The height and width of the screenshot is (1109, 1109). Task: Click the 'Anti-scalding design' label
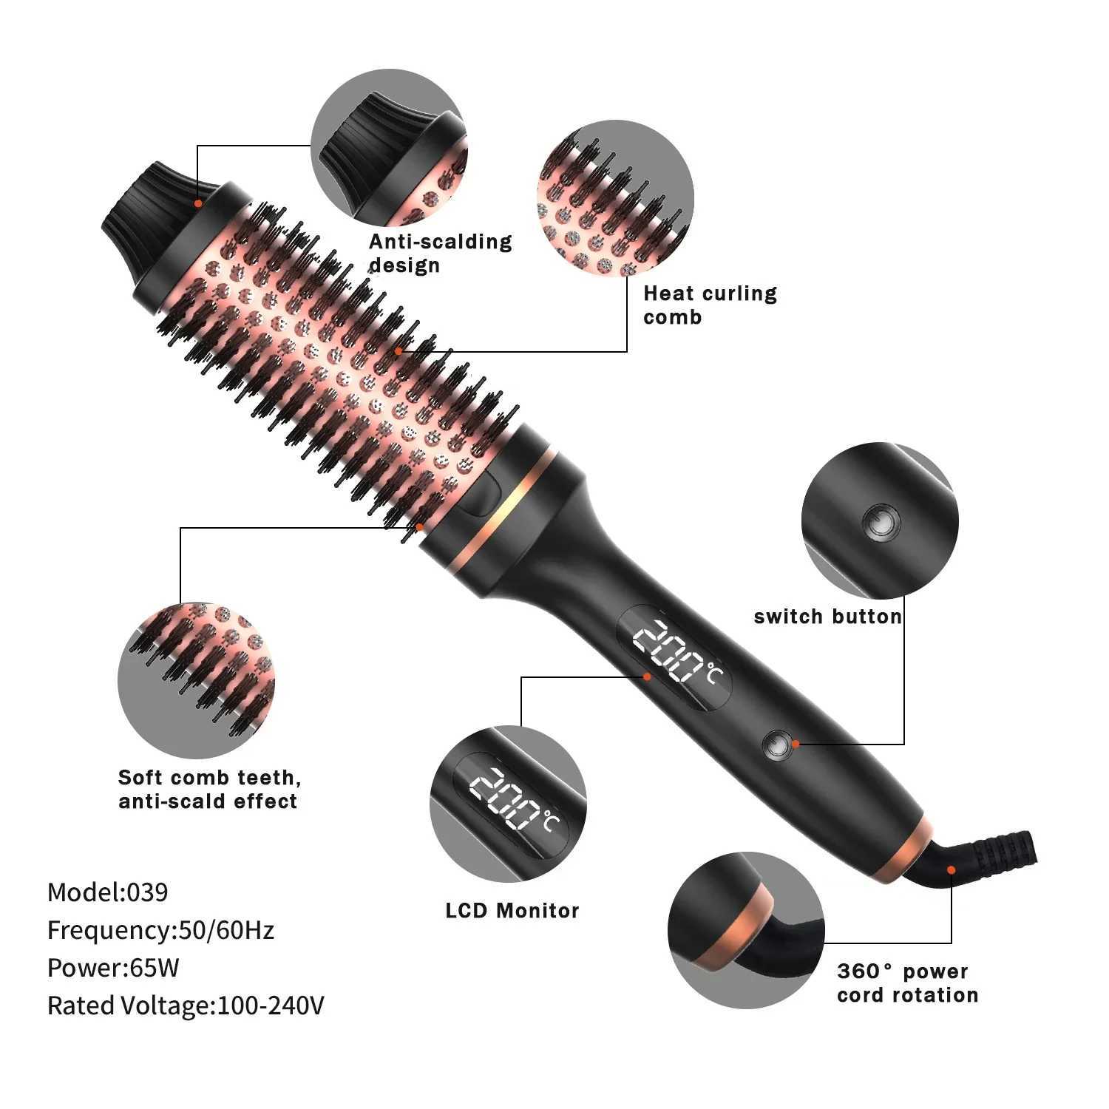pyautogui.click(x=440, y=253)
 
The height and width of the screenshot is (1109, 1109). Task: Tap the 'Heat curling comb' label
pyautogui.click(x=709, y=305)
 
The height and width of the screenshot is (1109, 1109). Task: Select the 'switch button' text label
pyautogui.click(x=827, y=616)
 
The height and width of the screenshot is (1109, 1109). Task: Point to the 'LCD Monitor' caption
pyautogui.click(x=512, y=910)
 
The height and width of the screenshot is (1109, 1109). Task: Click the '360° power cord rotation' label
pyautogui.click(x=907, y=983)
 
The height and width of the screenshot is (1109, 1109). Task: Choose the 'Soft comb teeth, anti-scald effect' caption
pyautogui.click(x=209, y=789)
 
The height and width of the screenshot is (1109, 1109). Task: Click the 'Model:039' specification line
pyautogui.click(x=108, y=892)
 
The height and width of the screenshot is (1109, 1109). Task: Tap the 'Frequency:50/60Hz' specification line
pyautogui.click(x=160, y=929)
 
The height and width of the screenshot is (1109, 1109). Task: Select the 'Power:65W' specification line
pyautogui.click(x=113, y=967)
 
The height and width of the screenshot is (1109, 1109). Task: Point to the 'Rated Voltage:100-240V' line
pyautogui.click(x=186, y=1005)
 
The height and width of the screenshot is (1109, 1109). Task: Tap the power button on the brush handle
pyautogui.click(x=777, y=745)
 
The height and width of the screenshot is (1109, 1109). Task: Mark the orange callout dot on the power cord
pyautogui.click(x=952, y=870)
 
